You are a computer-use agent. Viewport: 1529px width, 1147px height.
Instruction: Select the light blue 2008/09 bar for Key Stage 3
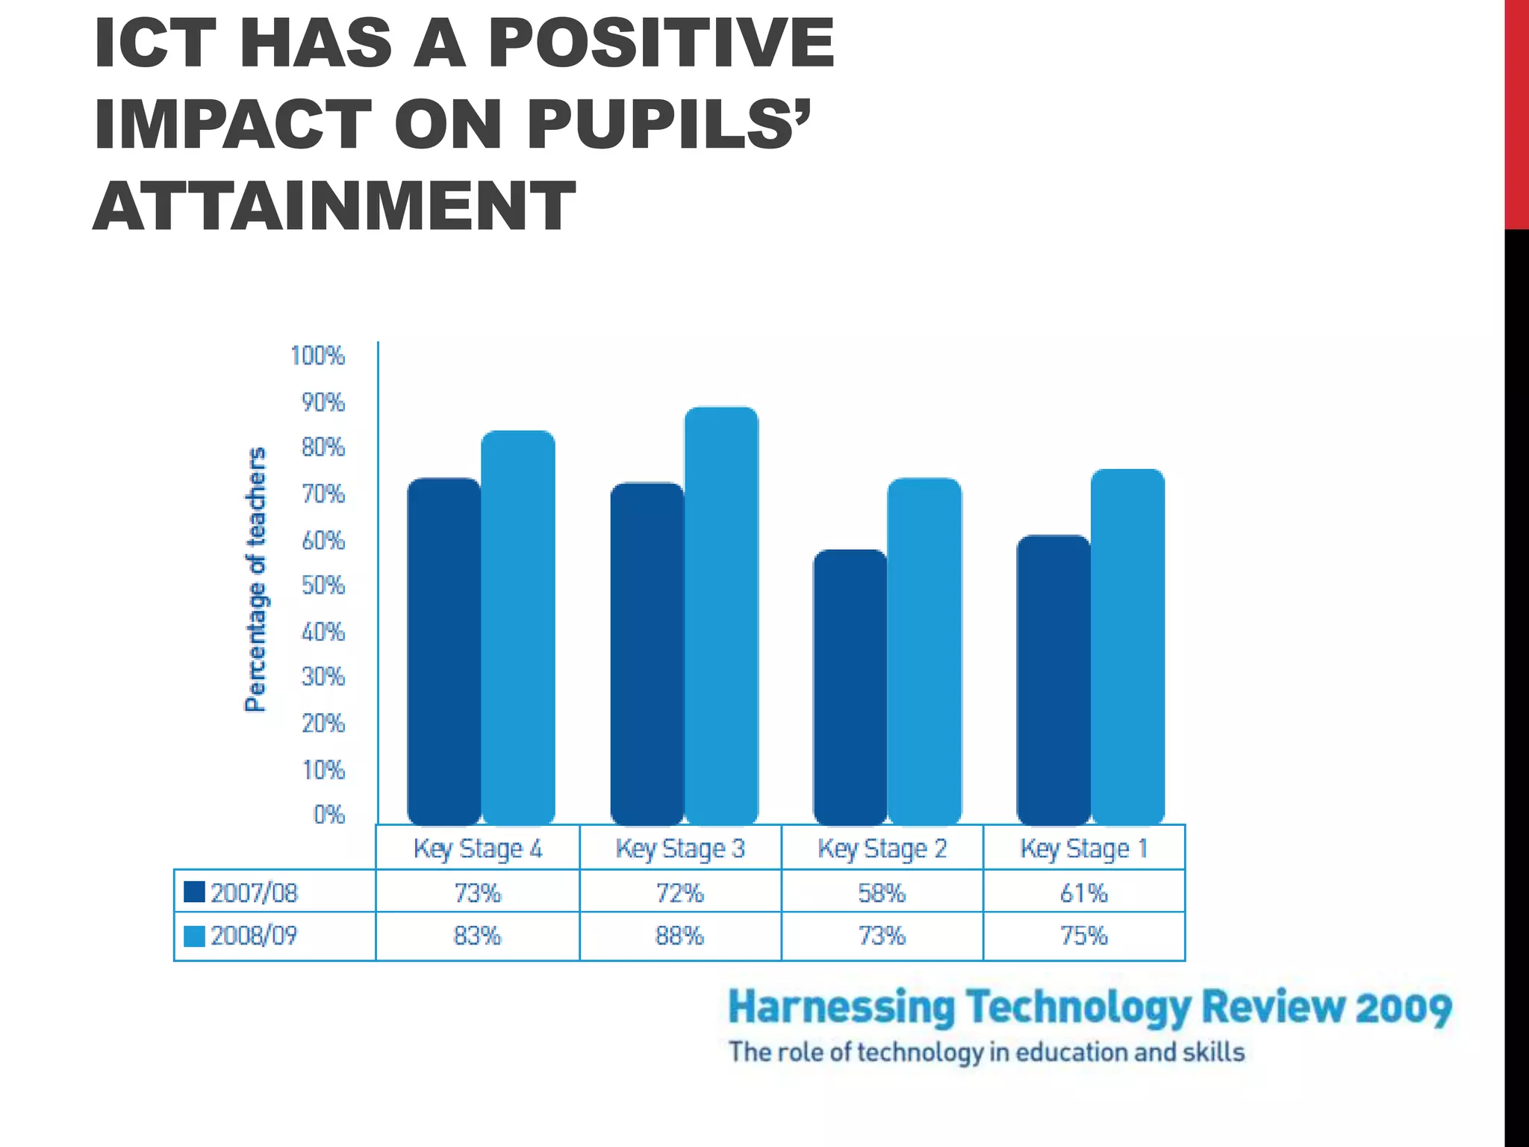click(721, 616)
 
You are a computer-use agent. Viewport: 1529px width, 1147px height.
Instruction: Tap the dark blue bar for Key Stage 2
click(850, 687)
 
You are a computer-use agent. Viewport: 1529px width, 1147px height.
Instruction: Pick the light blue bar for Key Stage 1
click(1127, 647)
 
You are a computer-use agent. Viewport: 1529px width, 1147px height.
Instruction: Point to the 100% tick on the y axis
click(318, 356)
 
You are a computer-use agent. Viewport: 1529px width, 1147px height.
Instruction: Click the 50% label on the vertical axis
click(323, 585)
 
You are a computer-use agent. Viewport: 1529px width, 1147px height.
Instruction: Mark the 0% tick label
click(329, 815)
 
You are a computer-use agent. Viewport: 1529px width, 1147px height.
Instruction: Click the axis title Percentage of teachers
click(255, 579)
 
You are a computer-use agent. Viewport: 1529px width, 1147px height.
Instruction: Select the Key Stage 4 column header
click(478, 848)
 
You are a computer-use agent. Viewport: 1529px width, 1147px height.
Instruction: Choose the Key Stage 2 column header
click(882, 848)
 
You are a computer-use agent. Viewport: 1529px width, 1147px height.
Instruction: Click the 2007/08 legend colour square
click(194, 892)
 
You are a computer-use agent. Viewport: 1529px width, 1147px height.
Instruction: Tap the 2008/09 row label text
click(254, 936)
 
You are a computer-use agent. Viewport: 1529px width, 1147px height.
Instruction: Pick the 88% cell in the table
click(679, 936)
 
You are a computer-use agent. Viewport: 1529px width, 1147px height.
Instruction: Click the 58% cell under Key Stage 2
click(882, 893)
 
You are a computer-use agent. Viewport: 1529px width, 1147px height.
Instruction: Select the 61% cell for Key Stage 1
click(1084, 893)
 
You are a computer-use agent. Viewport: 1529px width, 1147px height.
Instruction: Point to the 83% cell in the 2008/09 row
click(478, 936)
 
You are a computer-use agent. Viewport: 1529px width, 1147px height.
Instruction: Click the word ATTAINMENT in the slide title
click(334, 205)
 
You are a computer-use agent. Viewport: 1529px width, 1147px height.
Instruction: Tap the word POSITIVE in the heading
click(661, 43)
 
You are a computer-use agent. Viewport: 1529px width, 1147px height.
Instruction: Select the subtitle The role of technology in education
click(985, 1052)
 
